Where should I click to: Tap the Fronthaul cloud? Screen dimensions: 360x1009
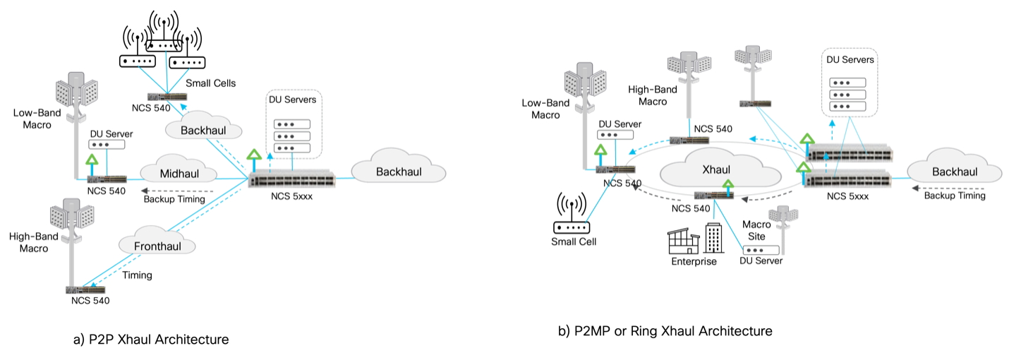coord(156,244)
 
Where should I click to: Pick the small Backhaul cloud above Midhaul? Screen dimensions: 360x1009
coord(203,129)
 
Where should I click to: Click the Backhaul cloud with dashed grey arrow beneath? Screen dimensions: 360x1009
coord(954,171)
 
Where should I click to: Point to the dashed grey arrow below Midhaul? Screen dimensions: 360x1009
coord(176,191)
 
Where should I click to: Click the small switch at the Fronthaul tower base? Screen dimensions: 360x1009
coord(85,290)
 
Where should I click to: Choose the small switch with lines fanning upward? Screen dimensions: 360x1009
coord(167,96)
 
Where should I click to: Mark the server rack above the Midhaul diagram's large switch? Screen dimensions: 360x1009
coord(293,126)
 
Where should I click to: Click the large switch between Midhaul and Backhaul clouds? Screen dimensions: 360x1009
coord(291,179)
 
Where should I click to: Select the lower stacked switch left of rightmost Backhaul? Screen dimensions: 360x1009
coord(848,181)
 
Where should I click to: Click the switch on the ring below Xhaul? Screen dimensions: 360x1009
coord(715,196)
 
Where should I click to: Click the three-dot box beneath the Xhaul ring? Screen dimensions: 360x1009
coord(761,251)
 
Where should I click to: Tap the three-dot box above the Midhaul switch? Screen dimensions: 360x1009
coord(106,144)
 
